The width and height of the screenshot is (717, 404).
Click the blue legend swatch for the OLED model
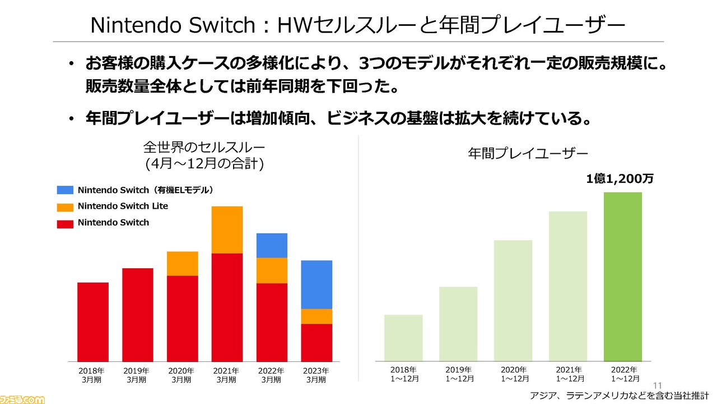pyautogui.click(x=65, y=190)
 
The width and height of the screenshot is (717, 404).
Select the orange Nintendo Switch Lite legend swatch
pyautogui.click(x=65, y=207)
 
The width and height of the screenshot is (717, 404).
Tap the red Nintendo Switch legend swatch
pyautogui.click(x=65, y=224)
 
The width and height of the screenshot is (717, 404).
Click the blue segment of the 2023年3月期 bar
pyautogui.click(x=316, y=284)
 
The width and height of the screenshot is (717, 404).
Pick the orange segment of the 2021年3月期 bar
pyautogui.click(x=227, y=230)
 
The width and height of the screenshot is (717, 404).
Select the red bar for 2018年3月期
pyautogui.click(x=93, y=322)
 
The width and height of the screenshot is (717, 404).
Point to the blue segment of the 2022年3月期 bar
pyautogui.click(x=272, y=245)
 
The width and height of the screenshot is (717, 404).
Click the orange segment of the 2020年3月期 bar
pyautogui.click(x=183, y=264)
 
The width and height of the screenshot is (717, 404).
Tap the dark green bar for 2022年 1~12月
pyautogui.click(x=622, y=277)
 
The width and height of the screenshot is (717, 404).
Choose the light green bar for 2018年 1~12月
pyautogui.click(x=403, y=338)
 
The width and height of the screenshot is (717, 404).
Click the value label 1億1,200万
pyautogui.click(x=620, y=178)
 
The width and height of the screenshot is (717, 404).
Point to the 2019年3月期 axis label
pyautogui.click(x=136, y=375)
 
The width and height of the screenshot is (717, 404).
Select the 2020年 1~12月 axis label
pyautogui.click(x=514, y=374)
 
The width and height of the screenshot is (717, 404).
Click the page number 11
pyautogui.click(x=658, y=385)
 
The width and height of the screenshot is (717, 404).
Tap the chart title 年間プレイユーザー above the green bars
pyautogui.click(x=528, y=154)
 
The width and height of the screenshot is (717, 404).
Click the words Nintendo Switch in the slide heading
pyautogui.click(x=173, y=25)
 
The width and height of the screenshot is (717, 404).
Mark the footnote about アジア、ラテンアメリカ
pyautogui.click(x=619, y=396)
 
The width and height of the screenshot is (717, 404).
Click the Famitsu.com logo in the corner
pyautogui.click(x=22, y=400)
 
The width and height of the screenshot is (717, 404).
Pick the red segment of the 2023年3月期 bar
pyautogui.click(x=316, y=343)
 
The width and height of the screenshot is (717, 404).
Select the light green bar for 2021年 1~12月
pyautogui.click(x=568, y=286)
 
